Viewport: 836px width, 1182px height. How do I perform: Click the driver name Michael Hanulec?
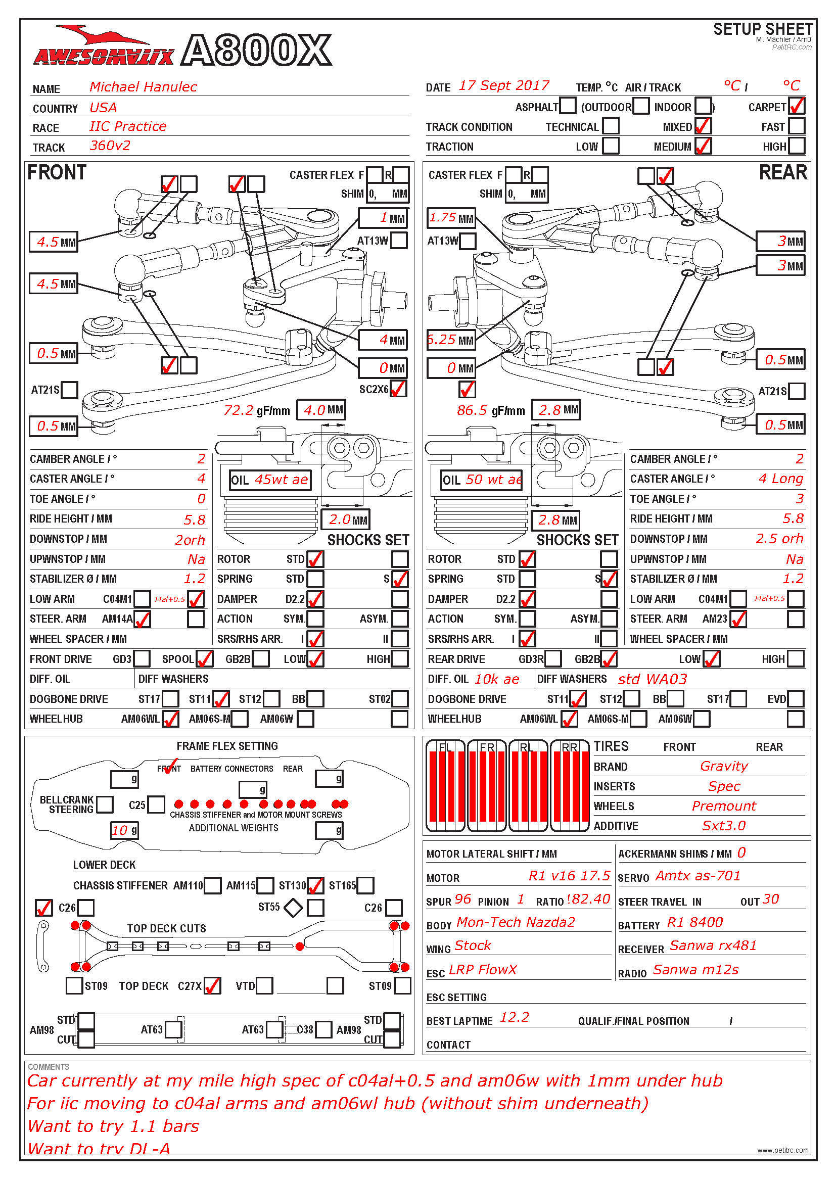click(143, 86)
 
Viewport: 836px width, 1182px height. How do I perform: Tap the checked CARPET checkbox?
click(797, 106)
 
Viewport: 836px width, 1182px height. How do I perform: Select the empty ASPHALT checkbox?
click(567, 106)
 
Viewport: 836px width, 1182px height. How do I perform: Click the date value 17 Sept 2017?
click(503, 85)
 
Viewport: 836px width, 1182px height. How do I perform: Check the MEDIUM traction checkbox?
click(703, 146)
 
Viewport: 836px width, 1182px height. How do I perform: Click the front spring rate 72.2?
click(239, 410)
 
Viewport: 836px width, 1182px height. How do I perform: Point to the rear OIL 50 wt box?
click(481, 480)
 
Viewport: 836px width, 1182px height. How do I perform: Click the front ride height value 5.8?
click(195, 519)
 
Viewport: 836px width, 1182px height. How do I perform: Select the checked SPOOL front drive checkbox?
click(204, 658)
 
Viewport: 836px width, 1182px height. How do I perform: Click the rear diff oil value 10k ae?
click(497, 679)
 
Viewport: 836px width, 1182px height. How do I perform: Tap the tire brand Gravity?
click(723, 766)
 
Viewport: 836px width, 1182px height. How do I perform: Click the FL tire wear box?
click(445, 786)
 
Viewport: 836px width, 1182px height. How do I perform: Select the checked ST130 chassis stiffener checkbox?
click(315, 885)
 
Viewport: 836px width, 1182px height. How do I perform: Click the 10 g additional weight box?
click(124, 830)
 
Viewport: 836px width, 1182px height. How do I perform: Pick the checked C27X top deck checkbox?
click(212, 986)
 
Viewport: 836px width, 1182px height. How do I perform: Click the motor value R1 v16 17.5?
click(569, 876)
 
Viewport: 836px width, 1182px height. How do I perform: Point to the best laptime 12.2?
click(514, 1017)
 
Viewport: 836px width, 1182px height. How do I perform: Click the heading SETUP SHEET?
click(762, 29)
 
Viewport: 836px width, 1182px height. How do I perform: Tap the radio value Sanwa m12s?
click(695, 970)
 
